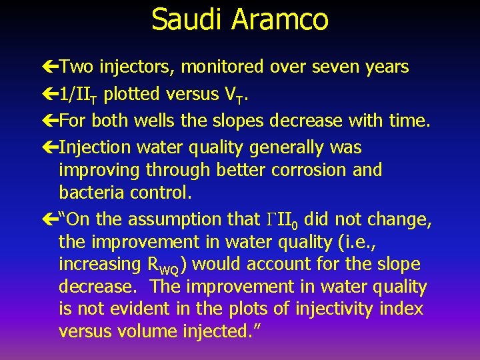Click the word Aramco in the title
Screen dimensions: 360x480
click(x=279, y=19)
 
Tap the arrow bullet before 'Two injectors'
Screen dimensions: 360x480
click(x=49, y=67)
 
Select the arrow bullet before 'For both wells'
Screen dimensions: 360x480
click(x=49, y=121)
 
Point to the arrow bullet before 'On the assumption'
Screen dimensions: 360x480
click(x=49, y=219)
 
